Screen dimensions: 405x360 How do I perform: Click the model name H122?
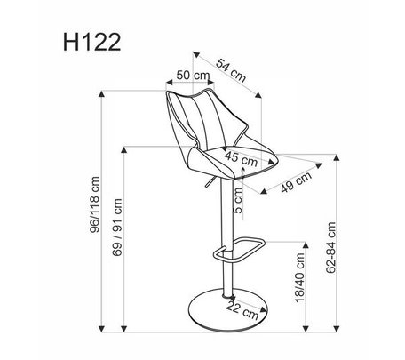click(x=91, y=43)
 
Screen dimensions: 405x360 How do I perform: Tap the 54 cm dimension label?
click(x=231, y=70)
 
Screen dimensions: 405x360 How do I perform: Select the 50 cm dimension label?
click(x=193, y=76)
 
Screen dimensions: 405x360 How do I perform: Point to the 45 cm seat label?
click(x=241, y=159)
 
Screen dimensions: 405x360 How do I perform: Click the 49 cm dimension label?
click(x=296, y=182)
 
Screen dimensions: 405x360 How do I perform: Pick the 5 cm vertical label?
click(x=238, y=201)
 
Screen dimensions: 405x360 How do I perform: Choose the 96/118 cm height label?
click(x=95, y=204)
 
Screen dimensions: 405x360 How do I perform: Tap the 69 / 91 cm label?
click(x=117, y=228)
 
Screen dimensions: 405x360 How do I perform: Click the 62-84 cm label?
click(x=330, y=247)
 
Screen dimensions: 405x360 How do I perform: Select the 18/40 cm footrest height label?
click(x=299, y=277)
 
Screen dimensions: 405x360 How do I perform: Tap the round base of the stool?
click(x=228, y=310)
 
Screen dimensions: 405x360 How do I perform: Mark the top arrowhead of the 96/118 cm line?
click(x=101, y=93)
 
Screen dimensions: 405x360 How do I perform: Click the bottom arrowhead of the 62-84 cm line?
click(x=337, y=329)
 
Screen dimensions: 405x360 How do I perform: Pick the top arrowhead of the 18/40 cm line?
click(x=306, y=245)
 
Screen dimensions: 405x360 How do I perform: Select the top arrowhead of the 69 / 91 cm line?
click(x=124, y=149)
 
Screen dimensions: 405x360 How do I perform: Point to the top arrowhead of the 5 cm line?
click(x=243, y=169)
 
